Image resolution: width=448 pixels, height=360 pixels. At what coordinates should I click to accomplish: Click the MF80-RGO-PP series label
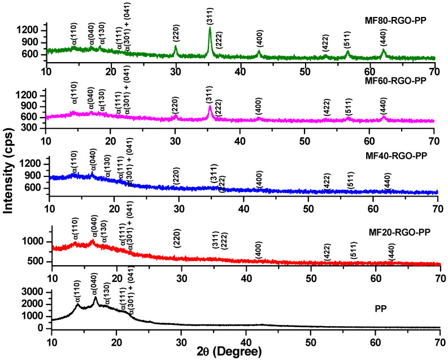point(395,21)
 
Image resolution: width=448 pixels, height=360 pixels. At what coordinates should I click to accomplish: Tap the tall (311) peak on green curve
point(210,28)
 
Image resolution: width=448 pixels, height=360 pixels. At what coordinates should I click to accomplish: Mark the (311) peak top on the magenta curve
point(210,107)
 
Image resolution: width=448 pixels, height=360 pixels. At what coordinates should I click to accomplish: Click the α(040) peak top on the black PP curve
point(95,297)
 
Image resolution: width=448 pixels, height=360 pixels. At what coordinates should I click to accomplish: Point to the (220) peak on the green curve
point(175,47)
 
